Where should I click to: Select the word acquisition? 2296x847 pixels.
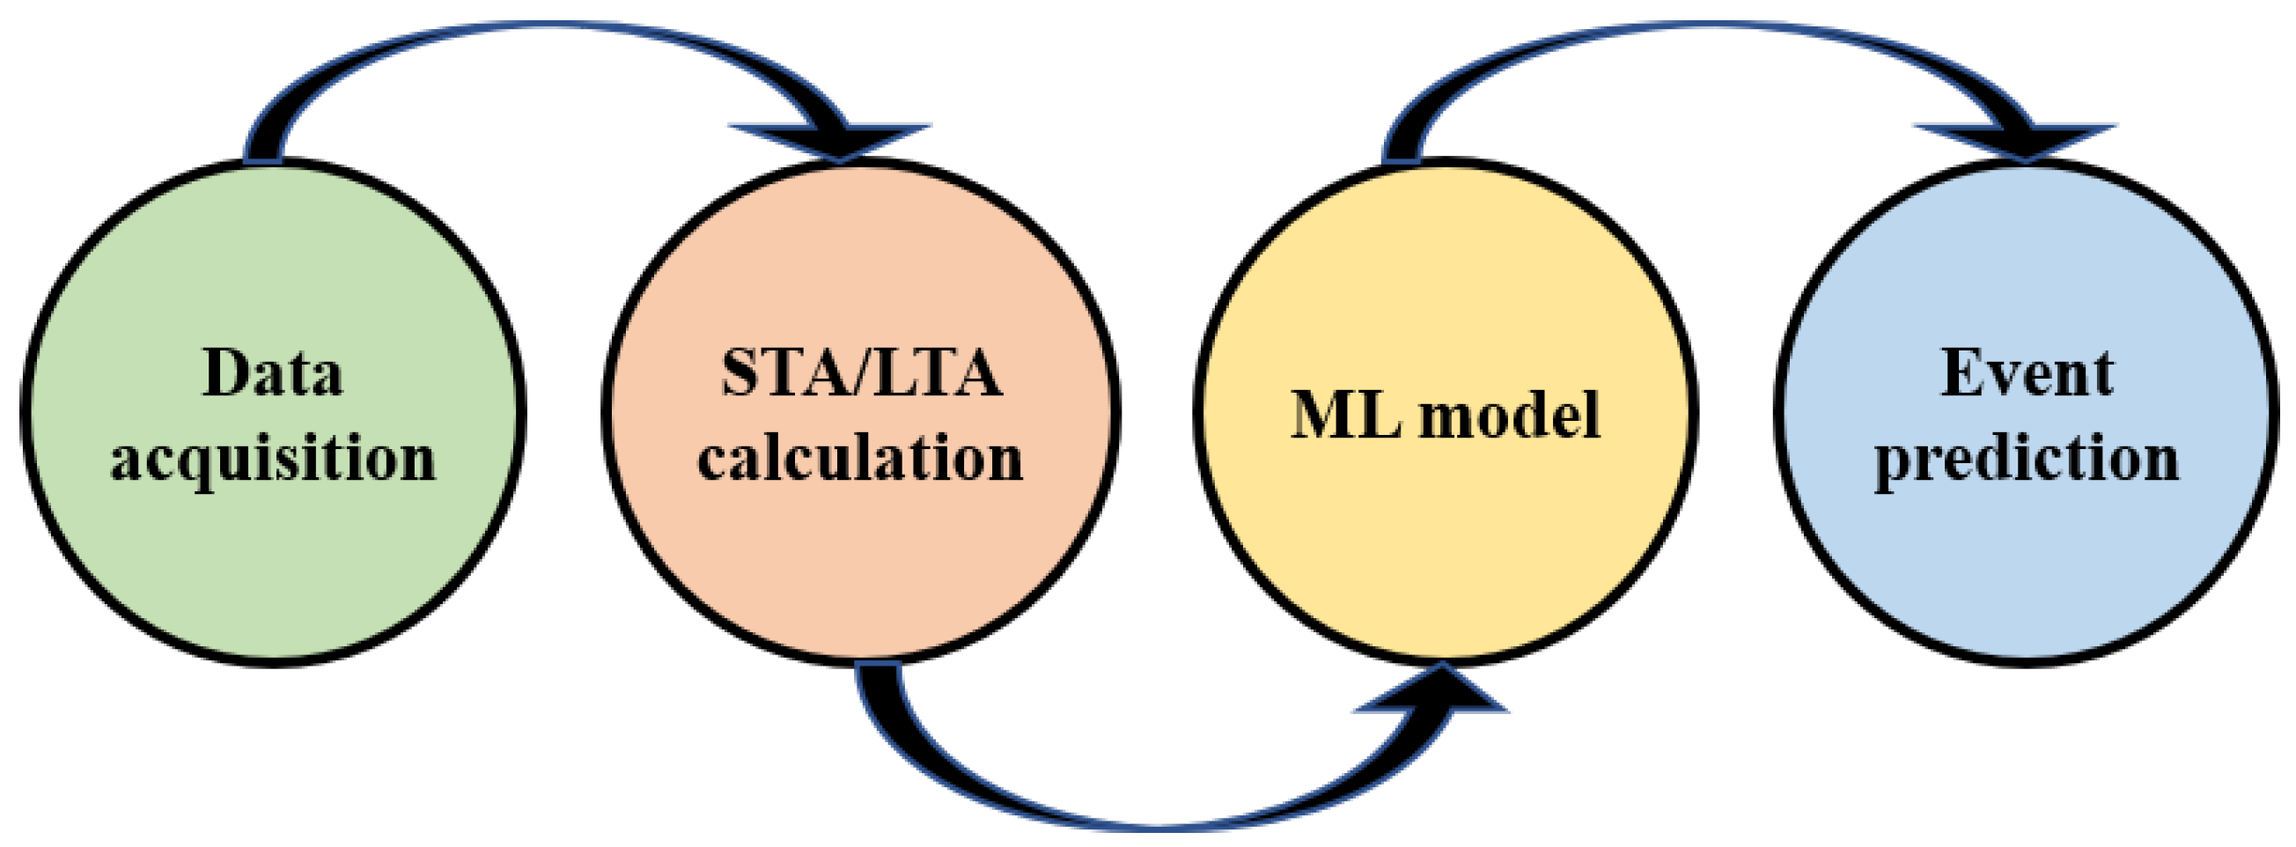(273, 460)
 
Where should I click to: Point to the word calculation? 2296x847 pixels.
(860, 460)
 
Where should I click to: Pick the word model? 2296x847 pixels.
(1510, 416)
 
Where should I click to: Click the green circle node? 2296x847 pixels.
(273, 571)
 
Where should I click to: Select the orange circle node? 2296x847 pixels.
(861, 571)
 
